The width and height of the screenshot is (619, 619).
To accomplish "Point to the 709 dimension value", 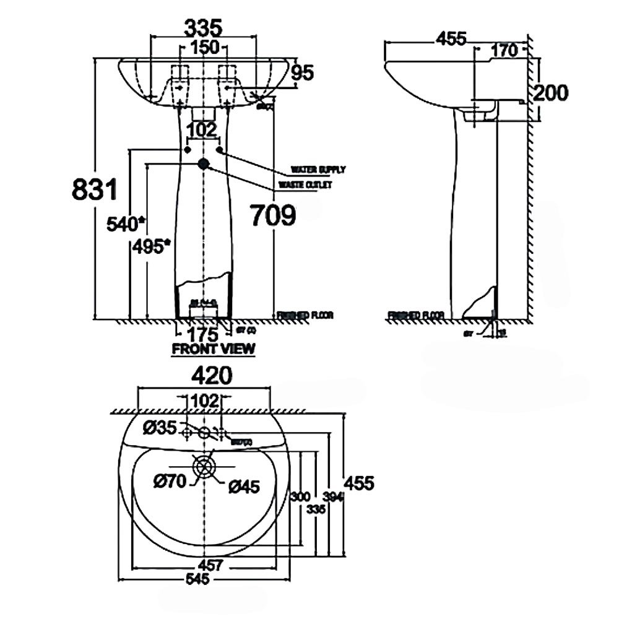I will (272, 215).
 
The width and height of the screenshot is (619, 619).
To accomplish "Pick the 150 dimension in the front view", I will (204, 46).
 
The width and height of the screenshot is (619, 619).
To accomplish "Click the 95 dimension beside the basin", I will (303, 73).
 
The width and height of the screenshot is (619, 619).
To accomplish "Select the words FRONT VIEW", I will (214, 348).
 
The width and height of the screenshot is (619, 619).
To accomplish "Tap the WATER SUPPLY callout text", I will (318, 169).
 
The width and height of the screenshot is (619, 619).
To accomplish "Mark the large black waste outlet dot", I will (204, 163).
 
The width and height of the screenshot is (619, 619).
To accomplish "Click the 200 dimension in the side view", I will (550, 93).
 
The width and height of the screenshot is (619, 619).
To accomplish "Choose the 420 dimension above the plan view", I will (204, 375).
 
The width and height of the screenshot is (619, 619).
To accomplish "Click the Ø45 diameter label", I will (243, 487).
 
